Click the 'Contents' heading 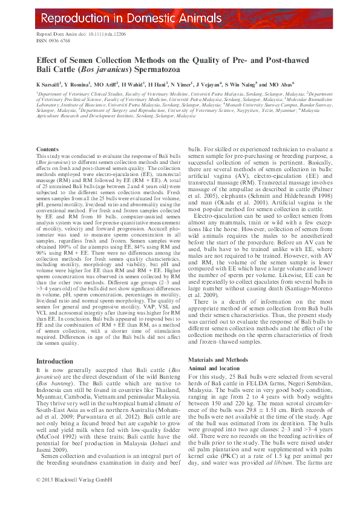pyautogui.click(x=48, y=149)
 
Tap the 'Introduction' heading pyautogui.click(x=54, y=361)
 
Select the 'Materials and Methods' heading pyautogui.click(x=218, y=359)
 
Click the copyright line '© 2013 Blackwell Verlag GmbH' pyautogui.click(x=71, y=495)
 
